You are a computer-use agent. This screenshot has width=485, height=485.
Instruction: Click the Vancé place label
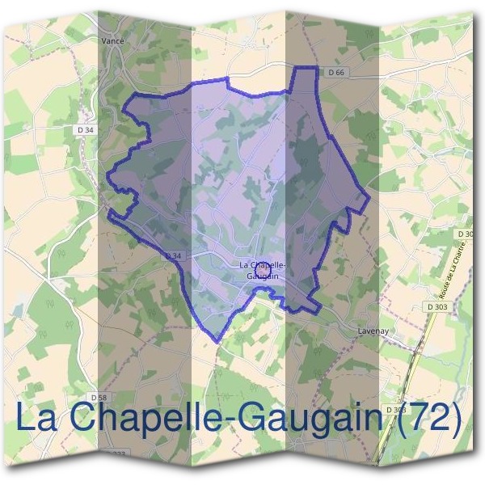[x=112, y=38]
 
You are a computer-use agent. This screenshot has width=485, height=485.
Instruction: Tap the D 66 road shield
[x=336, y=72]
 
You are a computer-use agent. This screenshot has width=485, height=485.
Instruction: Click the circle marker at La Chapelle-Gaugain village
[x=262, y=261]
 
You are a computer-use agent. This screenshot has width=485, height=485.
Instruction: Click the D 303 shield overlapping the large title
[x=395, y=410]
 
